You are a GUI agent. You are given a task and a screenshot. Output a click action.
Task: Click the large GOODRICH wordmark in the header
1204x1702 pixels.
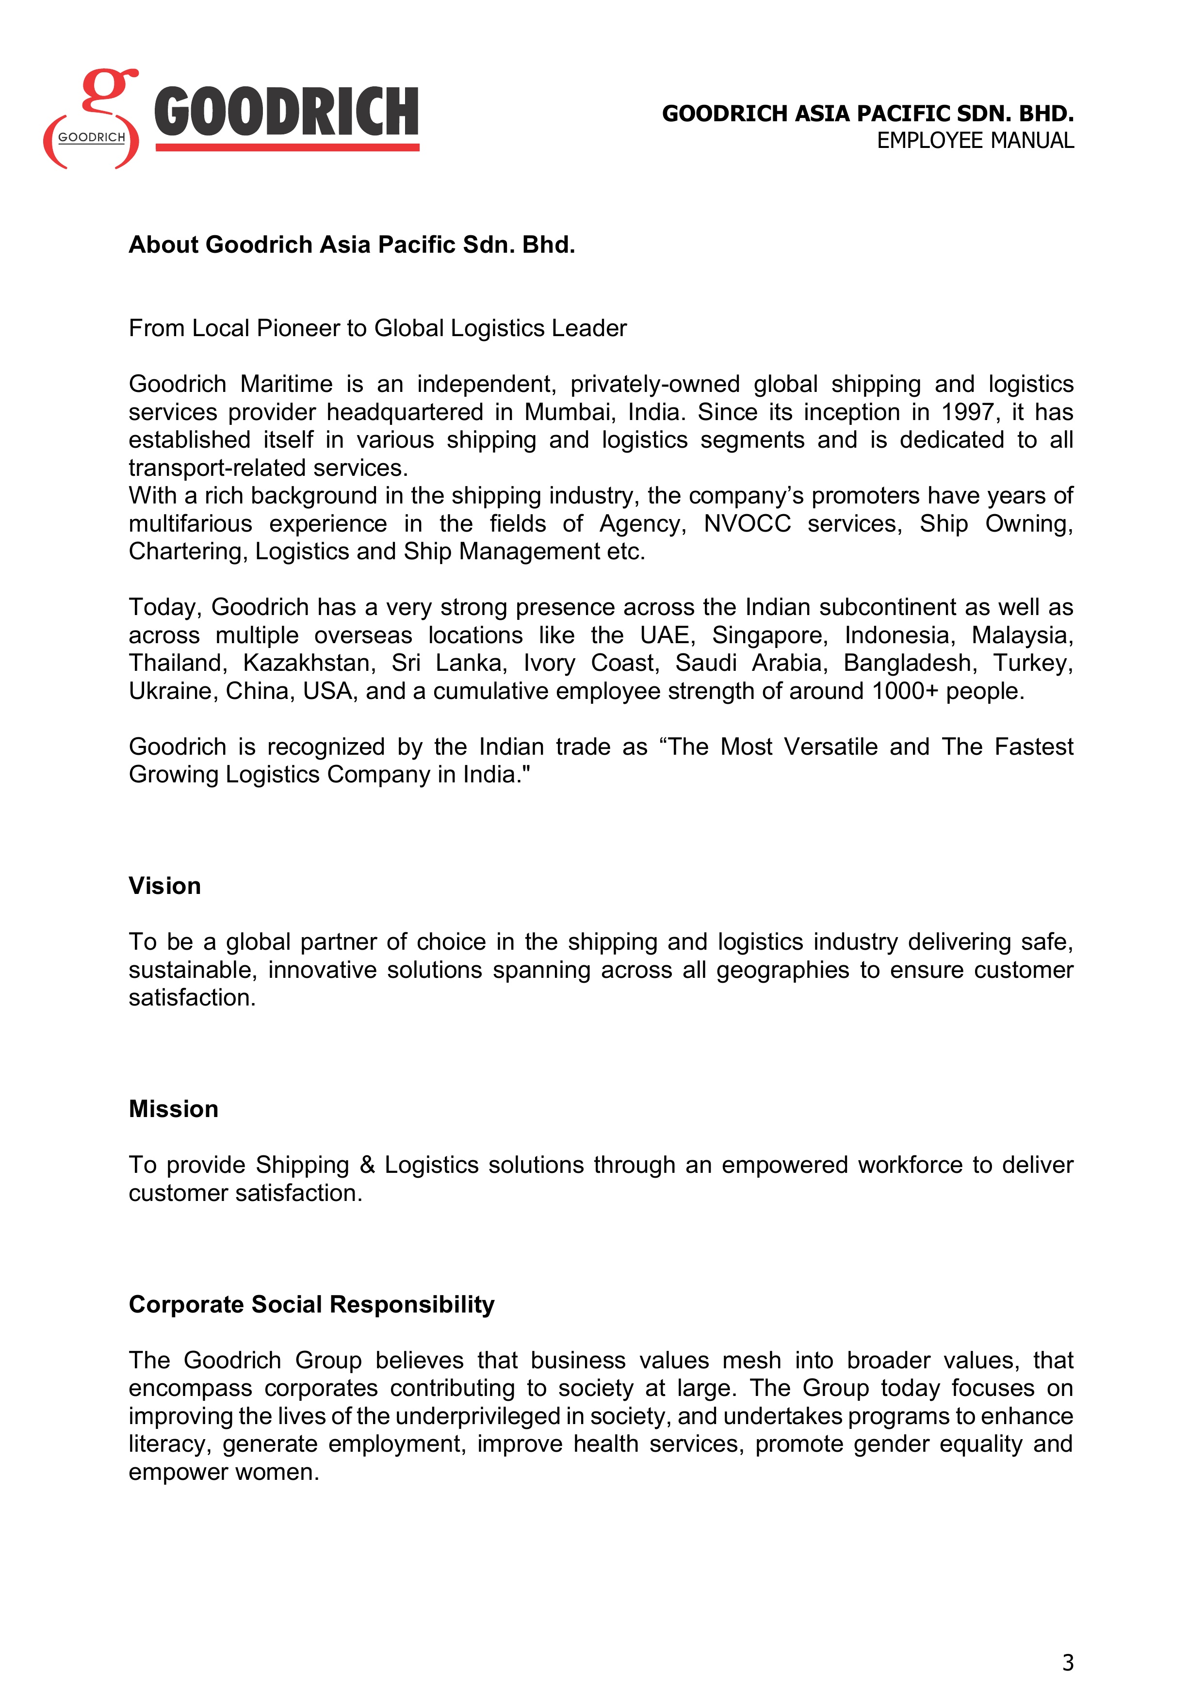click(286, 113)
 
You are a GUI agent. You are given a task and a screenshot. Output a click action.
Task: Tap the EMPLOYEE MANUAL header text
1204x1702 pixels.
click(975, 141)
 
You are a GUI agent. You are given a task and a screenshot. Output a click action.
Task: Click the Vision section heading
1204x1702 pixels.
click(164, 886)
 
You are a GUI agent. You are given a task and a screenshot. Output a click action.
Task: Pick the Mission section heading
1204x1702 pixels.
click(174, 1109)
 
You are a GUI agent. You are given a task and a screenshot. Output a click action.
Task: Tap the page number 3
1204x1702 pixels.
click(1068, 1663)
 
